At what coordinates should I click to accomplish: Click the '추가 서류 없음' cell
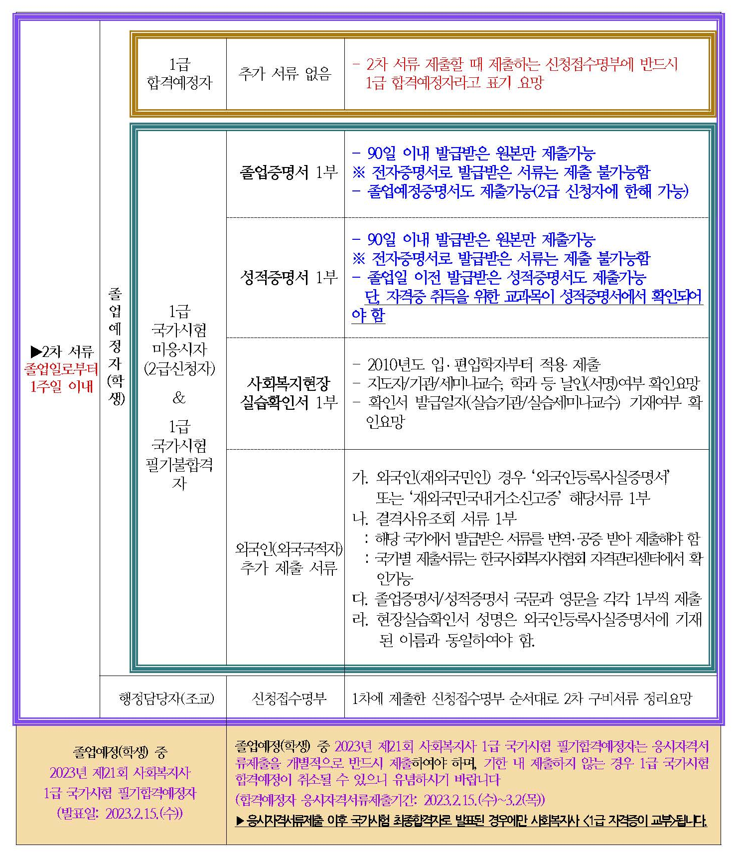pyautogui.click(x=285, y=74)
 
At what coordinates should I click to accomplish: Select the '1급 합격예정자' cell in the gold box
pyautogui.click(x=179, y=74)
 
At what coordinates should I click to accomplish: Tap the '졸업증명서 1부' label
pyautogui.click(x=289, y=172)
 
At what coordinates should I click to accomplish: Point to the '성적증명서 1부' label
pyautogui.click(x=289, y=277)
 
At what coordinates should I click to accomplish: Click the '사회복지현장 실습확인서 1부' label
pyautogui.click(x=289, y=393)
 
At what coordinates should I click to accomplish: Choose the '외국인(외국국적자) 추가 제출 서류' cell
pyautogui.click(x=289, y=558)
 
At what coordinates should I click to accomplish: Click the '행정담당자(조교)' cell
pyautogui.click(x=166, y=698)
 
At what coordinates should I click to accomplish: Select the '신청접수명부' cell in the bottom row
pyautogui.click(x=289, y=698)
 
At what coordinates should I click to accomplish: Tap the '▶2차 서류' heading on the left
pyautogui.click(x=62, y=352)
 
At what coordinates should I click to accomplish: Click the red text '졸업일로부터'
pyautogui.click(x=61, y=369)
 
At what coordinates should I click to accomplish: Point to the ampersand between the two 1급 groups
pyautogui.click(x=179, y=398)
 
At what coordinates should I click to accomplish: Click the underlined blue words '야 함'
pyautogui.click(x=368, y=315)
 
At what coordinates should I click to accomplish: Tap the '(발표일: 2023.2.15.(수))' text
pyautogui.click(x=120, y=814)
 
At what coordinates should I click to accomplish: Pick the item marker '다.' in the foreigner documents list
pyautogui.click(x=360, y=599)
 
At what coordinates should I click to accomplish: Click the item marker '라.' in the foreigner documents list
pyautogui.click(x=360, y=620)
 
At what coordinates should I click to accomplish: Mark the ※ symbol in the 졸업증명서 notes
pyautogui.click(x=359, y=172)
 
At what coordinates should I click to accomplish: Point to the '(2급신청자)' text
pyautogui.click(x=179, y=368)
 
